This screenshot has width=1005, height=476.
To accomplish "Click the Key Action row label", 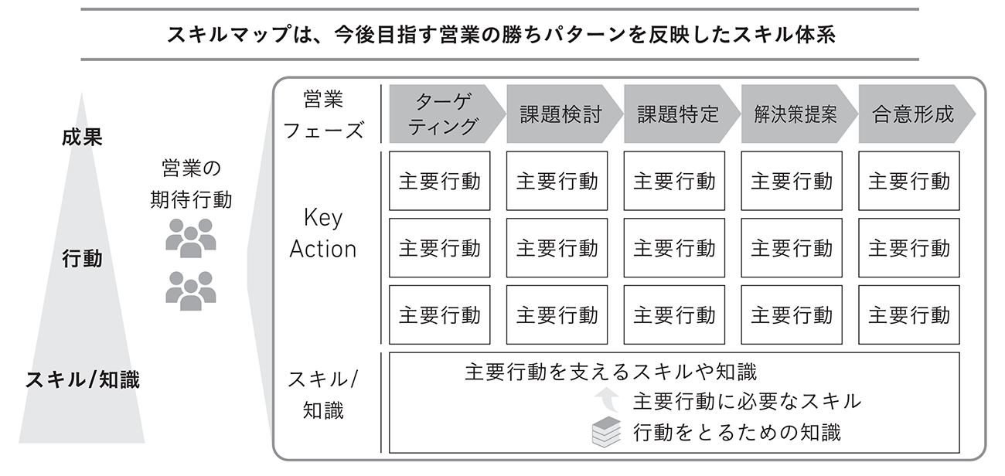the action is coord(323,233).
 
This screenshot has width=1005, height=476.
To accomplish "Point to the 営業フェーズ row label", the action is coord(323,115).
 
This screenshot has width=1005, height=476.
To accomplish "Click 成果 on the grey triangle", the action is coord(82,137).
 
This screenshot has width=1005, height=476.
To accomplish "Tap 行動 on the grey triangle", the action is coord(82,258).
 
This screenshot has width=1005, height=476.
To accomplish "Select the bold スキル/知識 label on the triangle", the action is coord(83,379).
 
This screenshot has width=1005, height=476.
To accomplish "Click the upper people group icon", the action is coord(191,238).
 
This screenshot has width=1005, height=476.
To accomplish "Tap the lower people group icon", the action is coord(191,291).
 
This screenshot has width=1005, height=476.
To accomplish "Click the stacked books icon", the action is coord(607,432).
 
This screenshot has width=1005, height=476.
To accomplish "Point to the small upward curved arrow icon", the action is coord(607,399).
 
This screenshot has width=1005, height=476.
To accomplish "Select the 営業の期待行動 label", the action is coord(191,184).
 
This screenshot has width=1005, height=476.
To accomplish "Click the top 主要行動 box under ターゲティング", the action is coord(439,181).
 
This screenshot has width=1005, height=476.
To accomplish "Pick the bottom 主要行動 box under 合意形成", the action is coord(909,315).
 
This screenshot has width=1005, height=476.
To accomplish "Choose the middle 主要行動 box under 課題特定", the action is coord(674,247).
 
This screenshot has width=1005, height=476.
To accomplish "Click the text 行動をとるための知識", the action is coord(737,433).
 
